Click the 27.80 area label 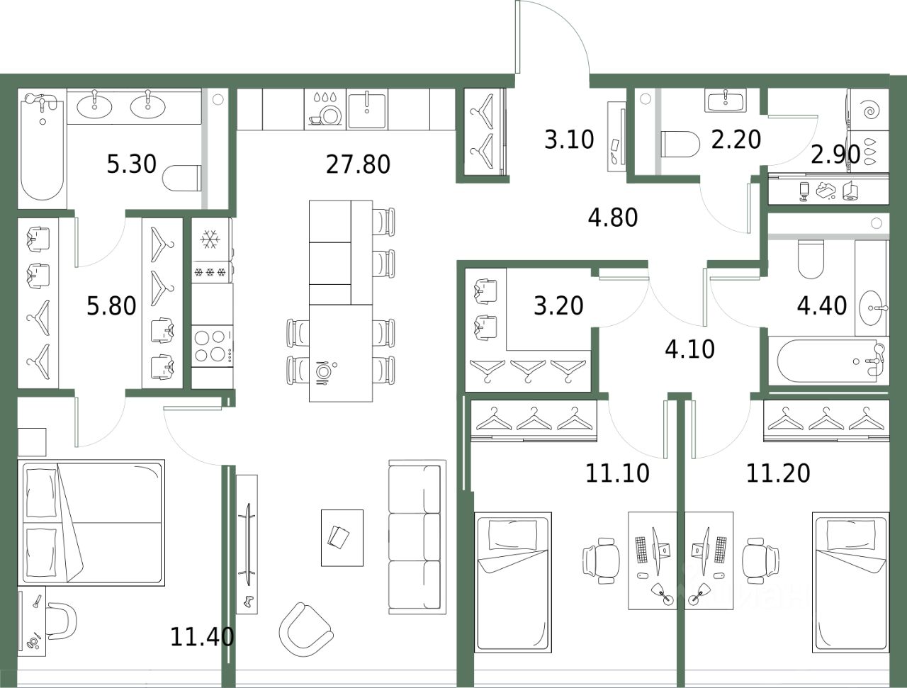pos(358,164)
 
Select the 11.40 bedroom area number pos(202,637)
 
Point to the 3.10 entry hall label pos(569,140)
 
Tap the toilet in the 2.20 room pos(680,145)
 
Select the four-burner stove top pos(213,346)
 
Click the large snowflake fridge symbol pos(210,239)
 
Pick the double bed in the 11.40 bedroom pos(91,523)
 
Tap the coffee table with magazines pos(342,538)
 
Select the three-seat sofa pos(417,537)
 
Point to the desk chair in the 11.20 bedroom pos(760,560)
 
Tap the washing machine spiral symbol pos(872,111)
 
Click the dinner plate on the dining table pos(323,371)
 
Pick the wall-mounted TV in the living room pos(248,543)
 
